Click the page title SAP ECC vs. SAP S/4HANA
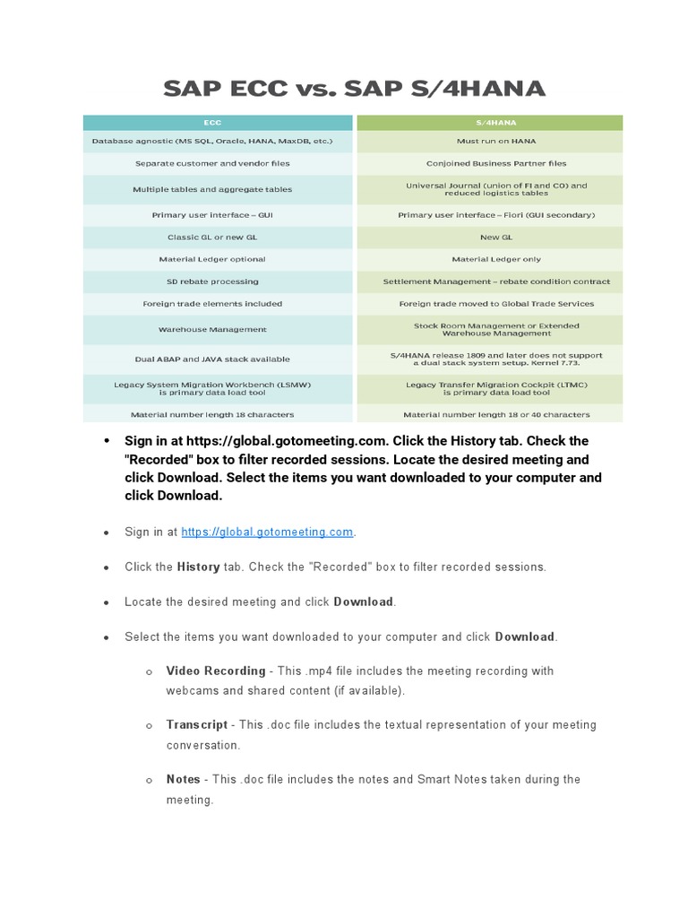point(353,89)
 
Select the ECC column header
point(212,123)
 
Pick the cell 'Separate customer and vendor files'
point(212,164)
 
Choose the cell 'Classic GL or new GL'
point(212,238)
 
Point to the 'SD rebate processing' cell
point(212,281)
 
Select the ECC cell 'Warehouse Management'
point(212,330)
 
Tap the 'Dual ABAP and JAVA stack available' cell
point(212,359)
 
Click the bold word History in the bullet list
point(198,567)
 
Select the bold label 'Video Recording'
point(216,671)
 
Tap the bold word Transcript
point(197,725)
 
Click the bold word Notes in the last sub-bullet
point(183,780)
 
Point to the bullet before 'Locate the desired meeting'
point(106,602)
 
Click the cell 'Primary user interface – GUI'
point(212,215)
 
